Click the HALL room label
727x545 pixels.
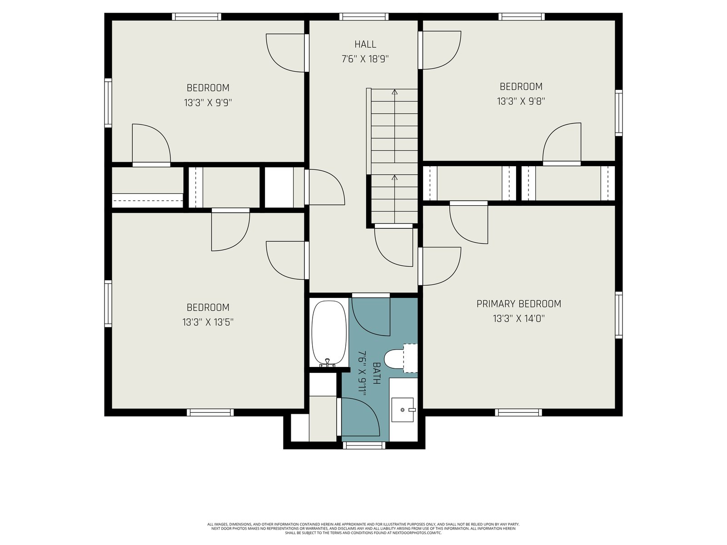click(365, 45)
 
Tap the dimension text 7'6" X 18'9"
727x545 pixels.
click(365, 59)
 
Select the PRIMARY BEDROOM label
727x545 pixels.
click(519, 304)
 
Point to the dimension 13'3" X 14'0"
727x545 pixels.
click(519, 319)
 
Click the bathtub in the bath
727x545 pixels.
click(329, 333)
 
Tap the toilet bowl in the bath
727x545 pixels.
click(394, 359)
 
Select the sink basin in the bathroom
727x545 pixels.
click(403, 410)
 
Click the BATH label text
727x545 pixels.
click(377, 373)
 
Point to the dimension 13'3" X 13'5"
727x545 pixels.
click(208, 322)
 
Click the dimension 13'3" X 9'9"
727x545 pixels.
click(208, 103)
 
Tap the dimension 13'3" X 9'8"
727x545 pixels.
click(521, 101)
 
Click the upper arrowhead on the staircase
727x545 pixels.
click(394, 92)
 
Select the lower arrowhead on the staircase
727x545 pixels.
click(394, 178)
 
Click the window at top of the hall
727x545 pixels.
click(363, 16)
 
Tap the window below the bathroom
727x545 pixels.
click(364, 446)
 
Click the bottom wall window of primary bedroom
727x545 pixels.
click(519, 412)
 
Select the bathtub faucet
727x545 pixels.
click(328, 363)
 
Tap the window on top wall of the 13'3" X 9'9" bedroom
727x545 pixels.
click(196, 16)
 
